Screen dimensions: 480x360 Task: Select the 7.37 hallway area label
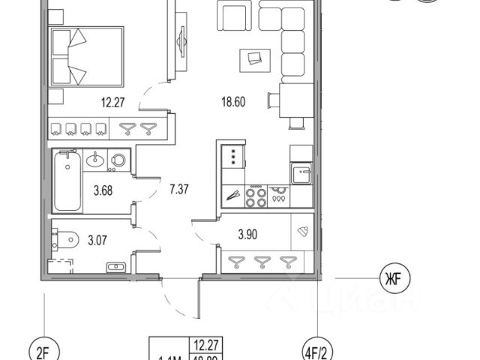[178, 189]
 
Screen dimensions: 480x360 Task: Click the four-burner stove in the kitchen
[255, 196]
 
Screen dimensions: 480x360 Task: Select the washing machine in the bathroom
[119, 160]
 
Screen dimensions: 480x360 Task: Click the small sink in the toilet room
[116, 268]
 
